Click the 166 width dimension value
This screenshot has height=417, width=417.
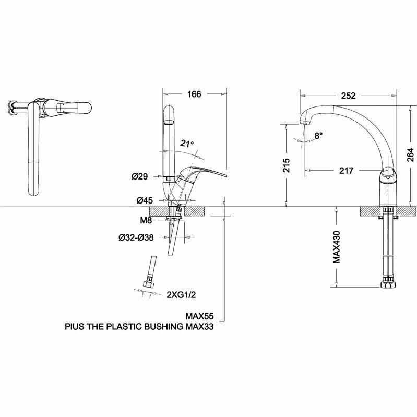(194, 94)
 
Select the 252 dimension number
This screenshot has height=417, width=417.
(348, 96)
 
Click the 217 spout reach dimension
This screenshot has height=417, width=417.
(346, 171)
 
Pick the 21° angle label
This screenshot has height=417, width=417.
(187, 143)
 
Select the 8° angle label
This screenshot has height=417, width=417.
(318, 135)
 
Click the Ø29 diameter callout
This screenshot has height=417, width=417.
(140, 177)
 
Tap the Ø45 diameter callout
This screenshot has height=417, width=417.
(144, 200)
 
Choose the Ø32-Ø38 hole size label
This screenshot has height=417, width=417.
(136, 237)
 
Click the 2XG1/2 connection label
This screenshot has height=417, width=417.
(181, 295)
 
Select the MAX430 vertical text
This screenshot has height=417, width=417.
(338, 246)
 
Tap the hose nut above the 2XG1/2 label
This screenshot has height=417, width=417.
(148, 285)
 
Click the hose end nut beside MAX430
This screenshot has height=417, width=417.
(388, 285)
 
